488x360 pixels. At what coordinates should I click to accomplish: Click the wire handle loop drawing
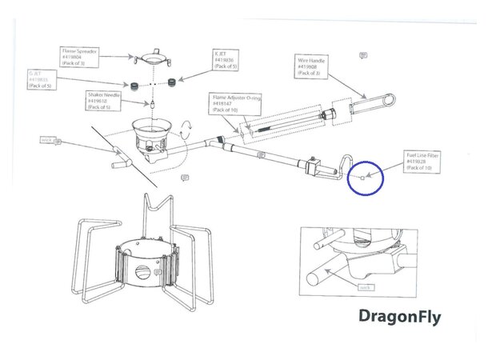[377, 102]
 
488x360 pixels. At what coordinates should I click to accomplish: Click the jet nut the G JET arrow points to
[137, 84]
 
